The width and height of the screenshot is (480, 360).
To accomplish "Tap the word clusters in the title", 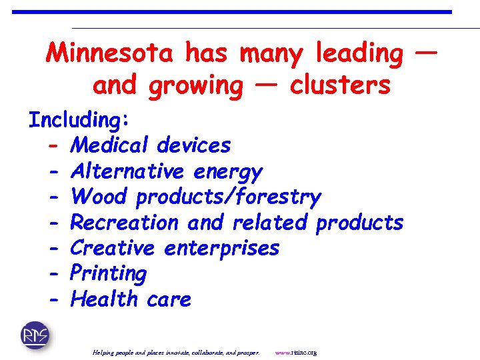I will (x=340, y=85).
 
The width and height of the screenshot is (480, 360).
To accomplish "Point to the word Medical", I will (x=111, y=145).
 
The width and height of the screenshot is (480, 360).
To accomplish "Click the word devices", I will (x=193, y=145).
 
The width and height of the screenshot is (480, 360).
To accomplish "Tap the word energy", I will (x=228, y=172).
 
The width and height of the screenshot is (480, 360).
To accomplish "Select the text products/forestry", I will (x=228, y=197).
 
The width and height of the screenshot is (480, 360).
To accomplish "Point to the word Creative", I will (x=113, y=247).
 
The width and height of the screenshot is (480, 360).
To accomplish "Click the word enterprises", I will (x=221, y=249).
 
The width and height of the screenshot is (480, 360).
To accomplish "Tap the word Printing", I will (x=108, y=273).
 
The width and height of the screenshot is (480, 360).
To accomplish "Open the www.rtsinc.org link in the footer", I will (x=295, y=352).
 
